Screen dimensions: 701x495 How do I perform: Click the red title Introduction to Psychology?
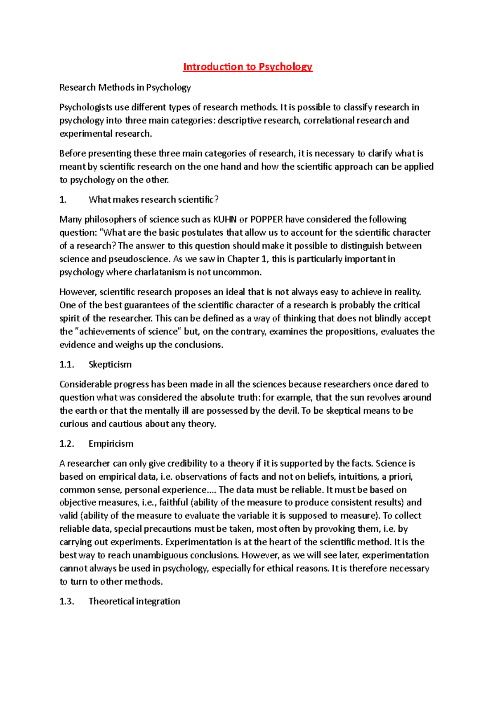point(247,67)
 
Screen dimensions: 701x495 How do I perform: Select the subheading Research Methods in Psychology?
point(125,88)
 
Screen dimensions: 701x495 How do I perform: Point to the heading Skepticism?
point(110,365)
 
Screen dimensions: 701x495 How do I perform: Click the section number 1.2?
point(66,444)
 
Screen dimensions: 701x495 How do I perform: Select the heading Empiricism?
point(111,444)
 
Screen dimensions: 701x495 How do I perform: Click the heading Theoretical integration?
point(134,602)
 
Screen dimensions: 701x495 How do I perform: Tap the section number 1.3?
point(66,602)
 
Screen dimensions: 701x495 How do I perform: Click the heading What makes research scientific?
point(153,200)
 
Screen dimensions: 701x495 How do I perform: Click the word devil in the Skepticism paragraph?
point(288,411)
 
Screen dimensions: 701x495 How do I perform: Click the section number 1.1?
point(66,365)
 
